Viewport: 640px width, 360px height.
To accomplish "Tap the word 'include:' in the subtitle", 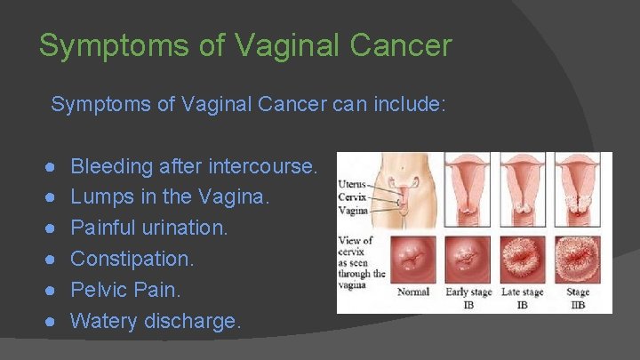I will click(x=411, y=105).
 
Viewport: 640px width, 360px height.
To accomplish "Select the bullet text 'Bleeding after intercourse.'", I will click(x=193, y=166).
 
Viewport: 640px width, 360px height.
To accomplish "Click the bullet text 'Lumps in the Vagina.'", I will click(x=169, y=197).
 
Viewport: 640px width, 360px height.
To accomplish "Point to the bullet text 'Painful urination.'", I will click(x=149, y=228).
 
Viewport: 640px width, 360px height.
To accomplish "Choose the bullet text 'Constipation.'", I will click(x=132, y=260).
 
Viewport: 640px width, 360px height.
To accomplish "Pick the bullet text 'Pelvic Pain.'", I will click(x=125, y=291).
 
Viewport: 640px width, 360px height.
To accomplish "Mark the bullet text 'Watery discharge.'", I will click(x=156, y=322).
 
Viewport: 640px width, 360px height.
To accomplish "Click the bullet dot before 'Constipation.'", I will click(x=54, y=260).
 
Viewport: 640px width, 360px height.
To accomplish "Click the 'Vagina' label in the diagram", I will click(x=353, y=211).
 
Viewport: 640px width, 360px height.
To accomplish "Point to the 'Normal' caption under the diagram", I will click(x=413, y=292).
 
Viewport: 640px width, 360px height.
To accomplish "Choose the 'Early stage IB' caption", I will click(x=468, y=298).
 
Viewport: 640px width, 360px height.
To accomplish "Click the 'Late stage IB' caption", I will click(x=523, y=298).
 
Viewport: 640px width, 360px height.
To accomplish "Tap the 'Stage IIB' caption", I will click(x=579, y=298).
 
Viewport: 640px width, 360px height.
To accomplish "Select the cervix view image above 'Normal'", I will click(x=414, y=258).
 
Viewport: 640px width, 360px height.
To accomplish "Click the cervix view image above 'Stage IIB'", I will click(x=579, y=258).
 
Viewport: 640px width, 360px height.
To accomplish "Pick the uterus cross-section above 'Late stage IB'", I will click(x=523, y=191).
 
